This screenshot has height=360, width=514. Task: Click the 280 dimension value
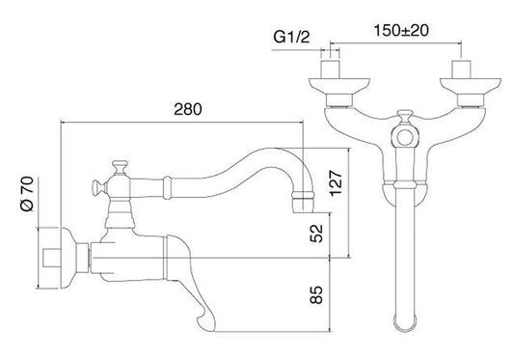(x=187, y=109)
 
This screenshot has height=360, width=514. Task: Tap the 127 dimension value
(x=336, y=183)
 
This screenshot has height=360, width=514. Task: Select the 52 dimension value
(x=316, y=234)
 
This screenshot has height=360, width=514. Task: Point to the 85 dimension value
(x=316, y=294)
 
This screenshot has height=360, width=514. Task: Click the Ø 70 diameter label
(x=27, y=194)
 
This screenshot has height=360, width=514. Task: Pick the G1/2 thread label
(x=291, y=37)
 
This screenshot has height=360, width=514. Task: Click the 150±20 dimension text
(x=401, y=31)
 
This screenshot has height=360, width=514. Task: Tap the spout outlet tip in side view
(x=303, y=203)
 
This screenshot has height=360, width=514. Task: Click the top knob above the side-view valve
(x=120, y=167)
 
